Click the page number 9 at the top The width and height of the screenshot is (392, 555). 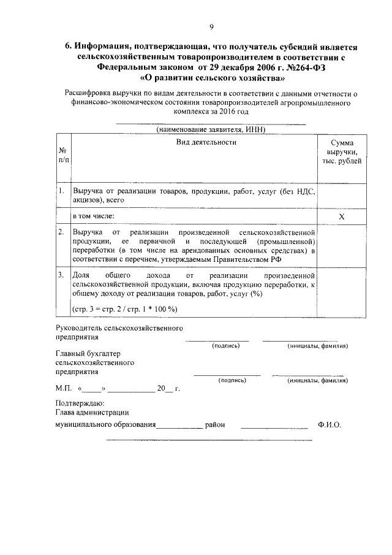[211, 26]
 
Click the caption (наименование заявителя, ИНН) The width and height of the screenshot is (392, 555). [209, 130]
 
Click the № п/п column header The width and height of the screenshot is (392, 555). [64, 155]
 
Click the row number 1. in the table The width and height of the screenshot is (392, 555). [62, 191]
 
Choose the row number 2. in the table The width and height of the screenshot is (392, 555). [62, 233]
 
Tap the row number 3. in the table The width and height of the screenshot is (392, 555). [62, 275]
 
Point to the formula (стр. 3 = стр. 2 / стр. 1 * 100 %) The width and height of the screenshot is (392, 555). [124, 308]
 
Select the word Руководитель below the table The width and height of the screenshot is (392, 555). [79, 329]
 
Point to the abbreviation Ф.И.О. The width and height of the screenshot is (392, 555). [330, 424]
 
